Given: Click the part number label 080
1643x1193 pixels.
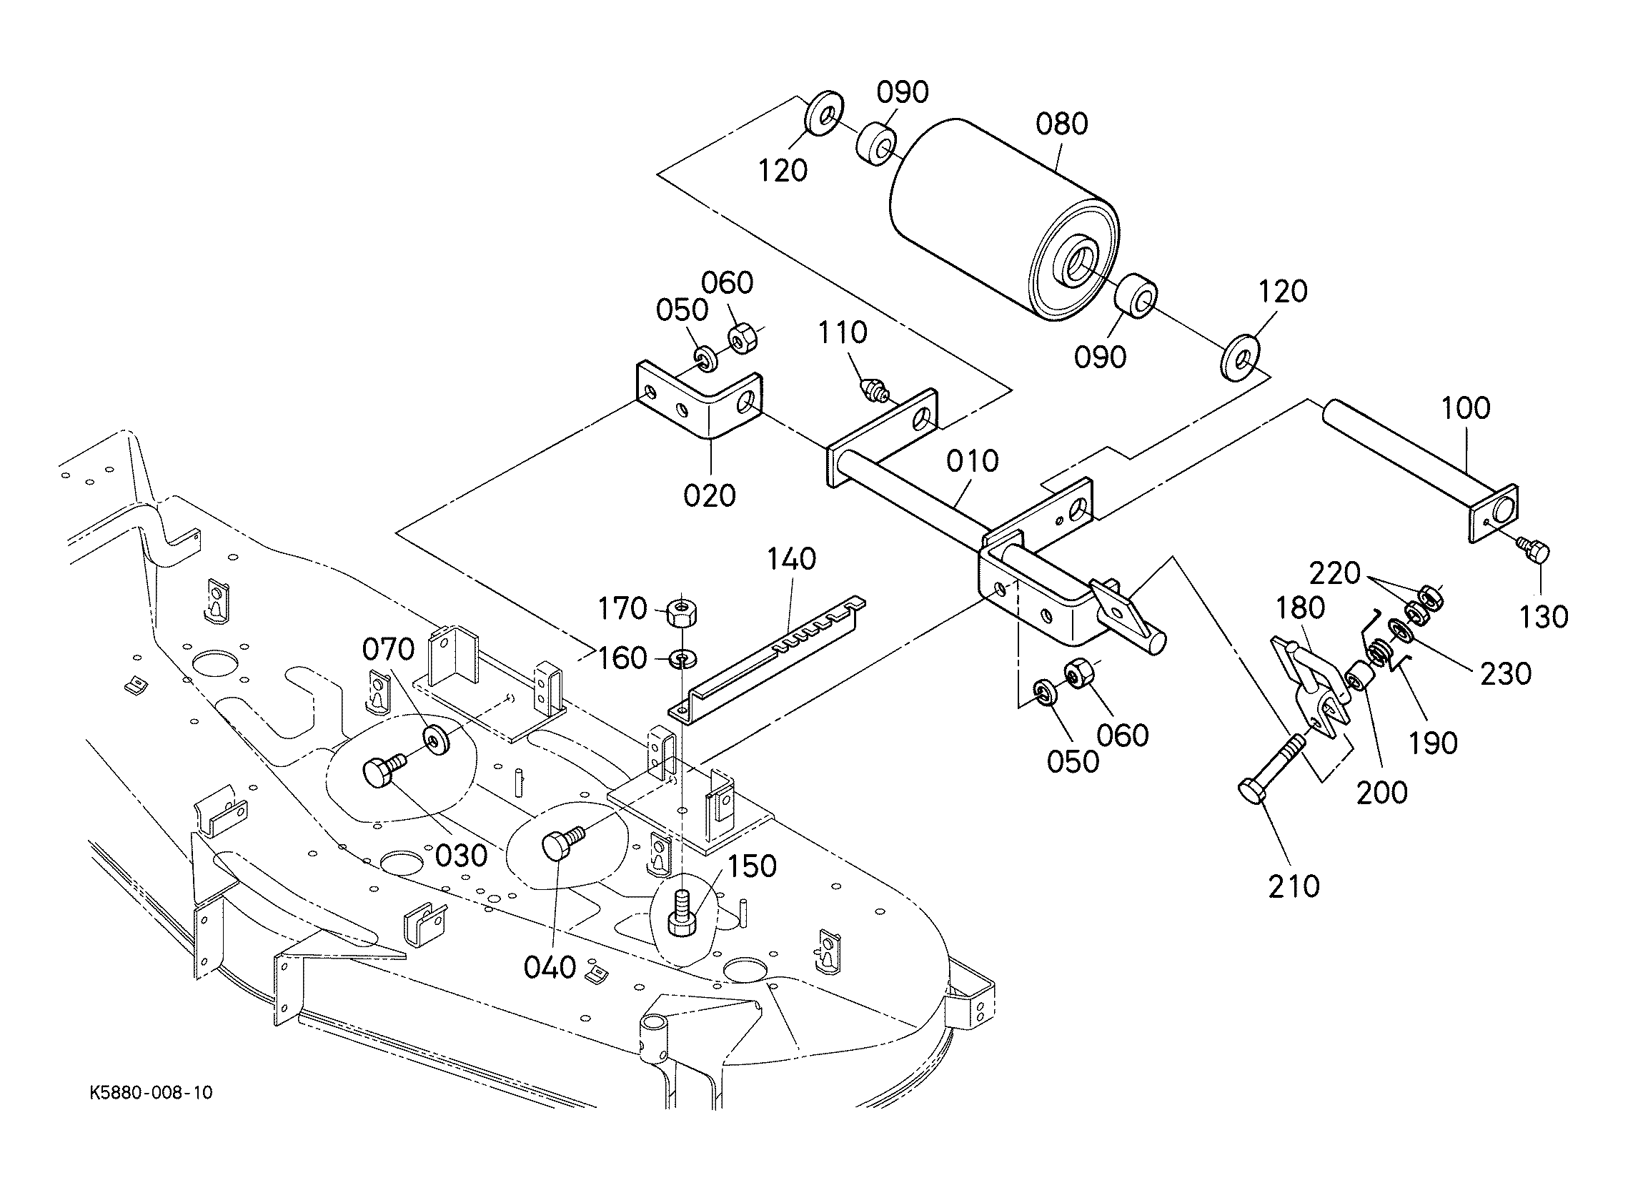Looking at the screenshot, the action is coord(1061,124).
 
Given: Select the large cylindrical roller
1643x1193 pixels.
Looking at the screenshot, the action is coord(1003,222).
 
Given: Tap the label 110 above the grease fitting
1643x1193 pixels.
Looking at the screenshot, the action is coord(843,332).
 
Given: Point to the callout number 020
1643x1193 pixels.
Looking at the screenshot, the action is coord(709,496).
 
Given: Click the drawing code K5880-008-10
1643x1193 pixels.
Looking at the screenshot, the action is coord(152,1092).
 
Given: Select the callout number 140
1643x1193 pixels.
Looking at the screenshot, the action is coord(791,559).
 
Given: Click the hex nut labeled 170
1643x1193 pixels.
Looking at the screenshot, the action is coord(681,613).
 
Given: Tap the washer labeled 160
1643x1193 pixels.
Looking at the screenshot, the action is coord(682,658).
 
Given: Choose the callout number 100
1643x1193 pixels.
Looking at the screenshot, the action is coord(1466,408).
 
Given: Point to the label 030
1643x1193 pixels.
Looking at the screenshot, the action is coord(462,855).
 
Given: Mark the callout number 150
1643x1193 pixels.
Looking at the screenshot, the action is coord(751,866).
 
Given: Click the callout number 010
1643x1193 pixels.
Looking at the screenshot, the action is coord(973,461).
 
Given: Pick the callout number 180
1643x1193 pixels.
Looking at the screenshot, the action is coord(1301,608).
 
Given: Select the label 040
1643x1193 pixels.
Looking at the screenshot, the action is coord(550,967).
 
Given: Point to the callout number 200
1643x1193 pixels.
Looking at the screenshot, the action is coord(1381,792).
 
